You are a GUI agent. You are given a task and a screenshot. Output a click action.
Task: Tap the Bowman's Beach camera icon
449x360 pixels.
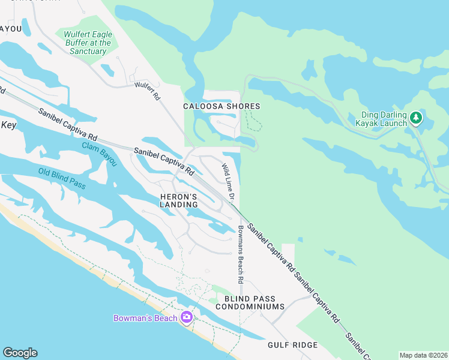click(186, 317)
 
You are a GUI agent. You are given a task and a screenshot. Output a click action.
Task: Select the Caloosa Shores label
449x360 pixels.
click(221, 106)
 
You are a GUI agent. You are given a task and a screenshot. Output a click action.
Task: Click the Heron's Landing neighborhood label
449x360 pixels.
click(178, 200)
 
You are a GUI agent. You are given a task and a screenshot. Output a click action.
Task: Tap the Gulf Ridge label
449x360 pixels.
click(292, 345)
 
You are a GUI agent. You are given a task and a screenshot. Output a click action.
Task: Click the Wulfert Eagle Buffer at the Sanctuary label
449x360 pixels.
click(88, 43)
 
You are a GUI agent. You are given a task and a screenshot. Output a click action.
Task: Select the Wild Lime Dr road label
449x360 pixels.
click(228, 178)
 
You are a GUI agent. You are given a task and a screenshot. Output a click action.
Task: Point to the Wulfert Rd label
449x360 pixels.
click(148, 91)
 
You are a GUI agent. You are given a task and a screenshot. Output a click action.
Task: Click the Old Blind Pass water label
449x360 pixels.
click(62, 178)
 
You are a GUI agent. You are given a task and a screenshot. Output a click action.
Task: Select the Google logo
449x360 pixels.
click(20, 353)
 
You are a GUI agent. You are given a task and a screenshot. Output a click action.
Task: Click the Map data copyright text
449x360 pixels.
click(423, 355)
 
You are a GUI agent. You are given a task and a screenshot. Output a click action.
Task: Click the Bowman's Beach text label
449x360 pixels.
click(146, 318)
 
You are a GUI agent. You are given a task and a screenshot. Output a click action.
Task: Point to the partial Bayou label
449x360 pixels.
click(10, 28)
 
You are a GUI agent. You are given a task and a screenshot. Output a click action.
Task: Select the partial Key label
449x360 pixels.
click(8, 125)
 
